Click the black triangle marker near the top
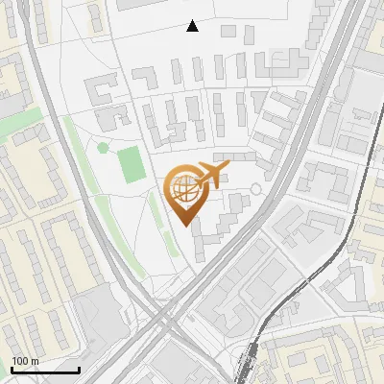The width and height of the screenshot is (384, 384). [x=192, y=26]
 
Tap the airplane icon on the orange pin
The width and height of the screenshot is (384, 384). [x=208, y=176]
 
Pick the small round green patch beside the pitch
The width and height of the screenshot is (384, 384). [x=103, y=148]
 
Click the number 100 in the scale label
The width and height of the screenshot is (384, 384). [x=20, y=361]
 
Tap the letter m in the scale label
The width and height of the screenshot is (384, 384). [x=34, y=361]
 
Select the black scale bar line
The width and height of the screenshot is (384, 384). [x=44, y=370]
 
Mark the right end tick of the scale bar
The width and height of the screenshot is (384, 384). [x=79, y=368]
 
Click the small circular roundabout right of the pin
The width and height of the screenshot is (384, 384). [x=254, y=190]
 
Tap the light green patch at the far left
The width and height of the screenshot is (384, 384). [x=24, y=125]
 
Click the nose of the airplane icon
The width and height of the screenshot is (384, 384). [x=228, y=170]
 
